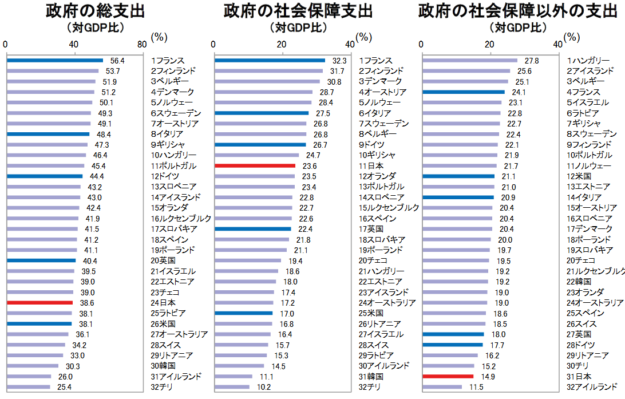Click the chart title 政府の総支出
[96, 11]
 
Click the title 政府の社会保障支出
[298, 11]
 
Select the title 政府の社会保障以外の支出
[517, 11]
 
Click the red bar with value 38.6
[40, 302]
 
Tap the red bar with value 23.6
[255, 165]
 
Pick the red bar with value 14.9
[448, 376]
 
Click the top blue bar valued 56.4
[55, 60]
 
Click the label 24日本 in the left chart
[163, 302]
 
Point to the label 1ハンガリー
[588, 61]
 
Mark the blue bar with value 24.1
[464, 92]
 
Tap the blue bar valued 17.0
[243, 313]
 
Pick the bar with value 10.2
[232, 387]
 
